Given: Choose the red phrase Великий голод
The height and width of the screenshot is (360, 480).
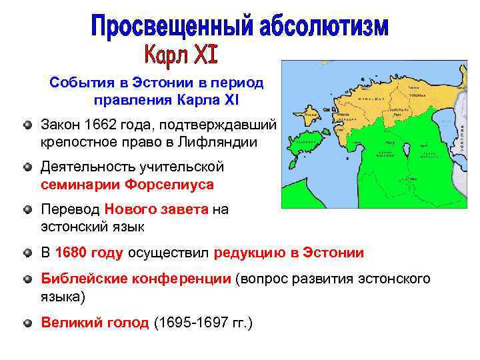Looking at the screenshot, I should pyautogui.click(x=95, y=323).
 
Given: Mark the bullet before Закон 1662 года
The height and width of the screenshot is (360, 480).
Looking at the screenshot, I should pyautogui.click(x=26, y=125).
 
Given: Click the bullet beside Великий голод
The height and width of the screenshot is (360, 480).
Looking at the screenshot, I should pyautogui.click(x=26, y=323).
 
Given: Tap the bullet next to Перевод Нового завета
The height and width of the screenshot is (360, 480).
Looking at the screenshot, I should pyautogui.click(x=26, y=210).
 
